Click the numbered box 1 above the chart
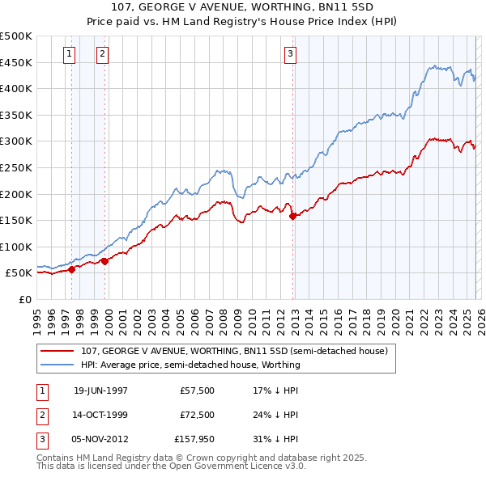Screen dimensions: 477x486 pos(69,54)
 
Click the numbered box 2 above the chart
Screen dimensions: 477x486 pos(102,54)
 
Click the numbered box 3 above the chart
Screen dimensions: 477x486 pos(290,54)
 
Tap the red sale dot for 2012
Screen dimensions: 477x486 pos(292,216)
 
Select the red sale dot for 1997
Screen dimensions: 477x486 pos(72,269)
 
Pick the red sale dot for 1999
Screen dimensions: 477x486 pos(105,261)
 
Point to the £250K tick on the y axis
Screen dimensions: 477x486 pos(17,167)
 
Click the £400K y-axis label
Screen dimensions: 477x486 pos(17,88)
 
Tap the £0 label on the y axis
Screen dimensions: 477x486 pos(24,299)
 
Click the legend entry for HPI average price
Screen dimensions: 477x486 pos(190,365)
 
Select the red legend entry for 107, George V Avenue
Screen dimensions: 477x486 pos(235,351)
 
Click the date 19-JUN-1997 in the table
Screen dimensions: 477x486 pos(100,390)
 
